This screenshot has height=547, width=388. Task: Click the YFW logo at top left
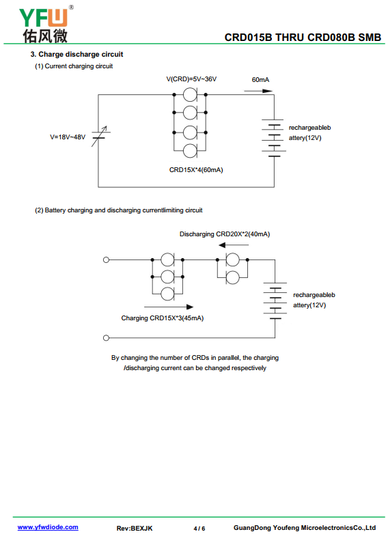(x=45, y=25)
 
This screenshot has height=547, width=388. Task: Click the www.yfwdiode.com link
(x=48, y=527)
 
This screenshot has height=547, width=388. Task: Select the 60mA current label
(x=260, y=80)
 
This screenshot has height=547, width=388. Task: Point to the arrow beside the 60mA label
(x=258, y=91)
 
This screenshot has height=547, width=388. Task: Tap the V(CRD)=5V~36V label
(x=191, y=79)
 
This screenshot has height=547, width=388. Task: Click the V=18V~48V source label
(x=68, y=137)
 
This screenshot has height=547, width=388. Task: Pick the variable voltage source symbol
(x=100, y=136)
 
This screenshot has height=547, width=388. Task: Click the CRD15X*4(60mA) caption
(x=196, y=170)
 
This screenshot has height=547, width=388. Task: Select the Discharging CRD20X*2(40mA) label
(x=225, y=234)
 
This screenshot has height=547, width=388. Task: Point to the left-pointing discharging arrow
(x=234, y=245)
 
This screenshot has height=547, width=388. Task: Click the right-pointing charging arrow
(x=169, y=307)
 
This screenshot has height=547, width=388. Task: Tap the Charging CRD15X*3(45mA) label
(x=163, y=318)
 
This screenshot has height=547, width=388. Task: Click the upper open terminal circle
(x=107, y=260)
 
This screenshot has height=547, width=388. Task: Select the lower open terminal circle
(x=107, y=337)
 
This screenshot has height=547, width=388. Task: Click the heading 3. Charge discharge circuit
(x=77, y=55)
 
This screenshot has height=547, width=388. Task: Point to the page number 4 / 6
(x=199, y=529)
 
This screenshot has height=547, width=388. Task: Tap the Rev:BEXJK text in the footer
(x=135, y=529)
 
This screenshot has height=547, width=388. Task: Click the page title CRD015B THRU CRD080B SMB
(x=303, y=38)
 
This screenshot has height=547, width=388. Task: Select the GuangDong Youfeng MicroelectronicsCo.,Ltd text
(x=305, y=528)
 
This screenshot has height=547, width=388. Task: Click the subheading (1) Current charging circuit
(x=74, y=66)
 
